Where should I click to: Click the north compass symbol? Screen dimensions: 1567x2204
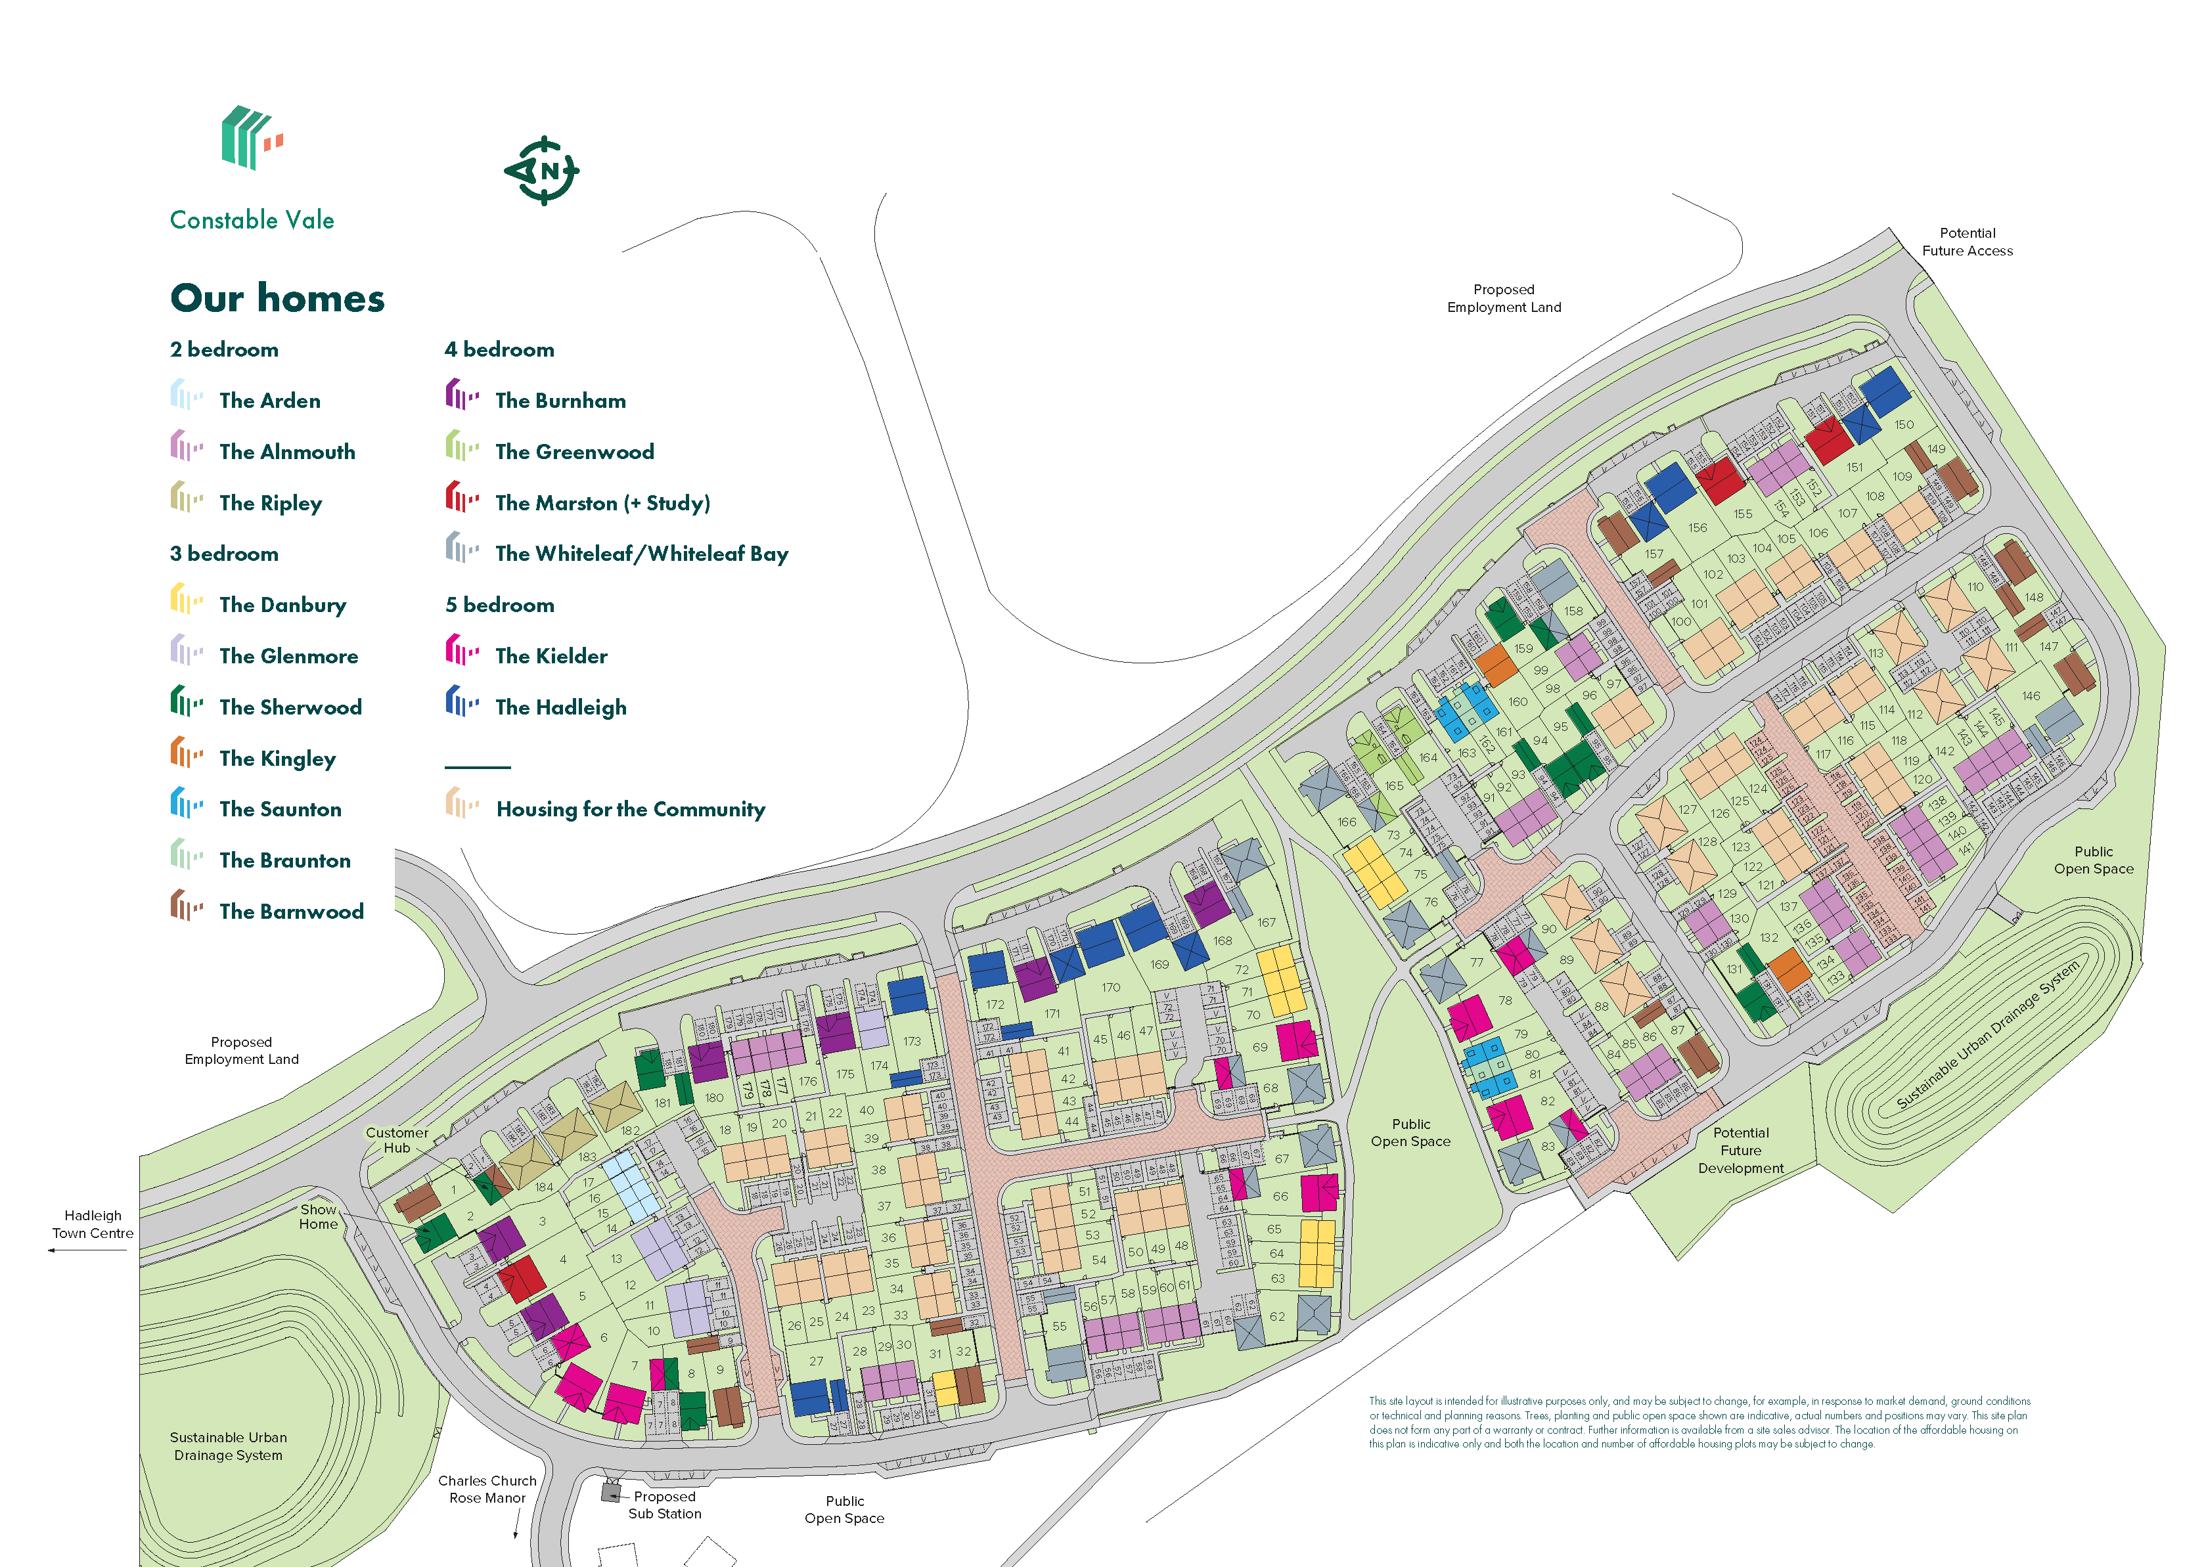[x=543, y=171]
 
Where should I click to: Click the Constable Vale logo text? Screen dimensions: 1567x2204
[x=252, y=220]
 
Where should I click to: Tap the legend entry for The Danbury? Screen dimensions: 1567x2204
[x=282, y=605]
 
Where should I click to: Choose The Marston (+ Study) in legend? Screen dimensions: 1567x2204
[x=602, y=502]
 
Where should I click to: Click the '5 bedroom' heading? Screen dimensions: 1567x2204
[x=500, y=605]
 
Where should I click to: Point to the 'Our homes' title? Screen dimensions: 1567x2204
[x=277, y=298]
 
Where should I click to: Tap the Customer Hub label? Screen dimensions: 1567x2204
[x=397, y=1141]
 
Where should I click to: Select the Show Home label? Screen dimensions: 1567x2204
[x=319, y=1217]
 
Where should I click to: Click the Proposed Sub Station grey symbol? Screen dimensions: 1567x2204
[x=611, y=1493]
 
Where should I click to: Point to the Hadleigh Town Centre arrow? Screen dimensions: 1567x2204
[x=87, y=1250]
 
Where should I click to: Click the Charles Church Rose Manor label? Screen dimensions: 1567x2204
[x=487, y=1489]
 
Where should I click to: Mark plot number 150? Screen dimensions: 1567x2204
[x=1903, y=424]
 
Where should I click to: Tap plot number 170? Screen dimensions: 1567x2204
[x=1111, y=987]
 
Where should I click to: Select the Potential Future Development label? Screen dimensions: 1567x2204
[x=1741, y=1150]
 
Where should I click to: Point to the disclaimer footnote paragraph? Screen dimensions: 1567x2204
[x=1698, y=1423]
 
